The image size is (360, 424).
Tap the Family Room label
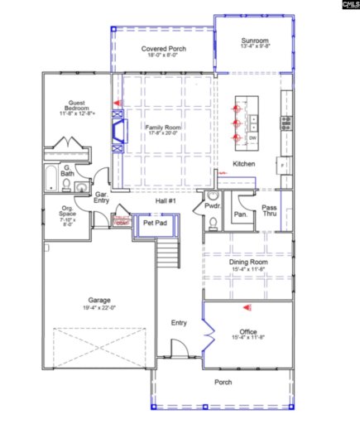click(x=163, y=128)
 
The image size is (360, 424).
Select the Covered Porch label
click(x=163, y=50)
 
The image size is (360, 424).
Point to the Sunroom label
click(x=254, y=41)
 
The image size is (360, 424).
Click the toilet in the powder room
click(x=212, y=222)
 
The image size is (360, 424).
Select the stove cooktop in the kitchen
click(x=286, y=123)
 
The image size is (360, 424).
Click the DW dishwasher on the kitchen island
click(x=252, y=137)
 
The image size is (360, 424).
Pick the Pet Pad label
click(x=155, y=223)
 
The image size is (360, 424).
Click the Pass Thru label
click(x=269, y=210)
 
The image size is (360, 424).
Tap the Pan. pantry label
click(x=241, y=214)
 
